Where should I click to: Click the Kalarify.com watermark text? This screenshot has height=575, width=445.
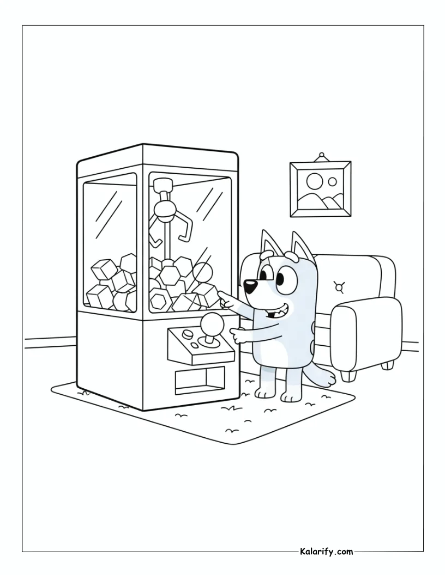pyautogui.click(x=326, y=551)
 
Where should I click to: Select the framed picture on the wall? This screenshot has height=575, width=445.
pyautogui.click(x=320, y=189)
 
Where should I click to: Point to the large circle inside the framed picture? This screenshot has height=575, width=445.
pyautogui.click(x=314, y=180)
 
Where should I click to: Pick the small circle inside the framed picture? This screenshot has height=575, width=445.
pyautogui.click(x=333, y=181)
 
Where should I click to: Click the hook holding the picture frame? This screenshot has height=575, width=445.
pyautogui.click(x=322, y=156)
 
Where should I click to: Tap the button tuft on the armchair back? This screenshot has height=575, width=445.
pyautogui.click(x=339, y=286)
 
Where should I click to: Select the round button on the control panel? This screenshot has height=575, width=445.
pyautogui.click(x=188, y=334)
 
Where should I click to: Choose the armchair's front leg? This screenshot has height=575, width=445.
pyautogui.click(x=348, y=376)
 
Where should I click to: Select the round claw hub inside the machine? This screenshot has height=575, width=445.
pyautogui.click(x=164, y=210)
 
